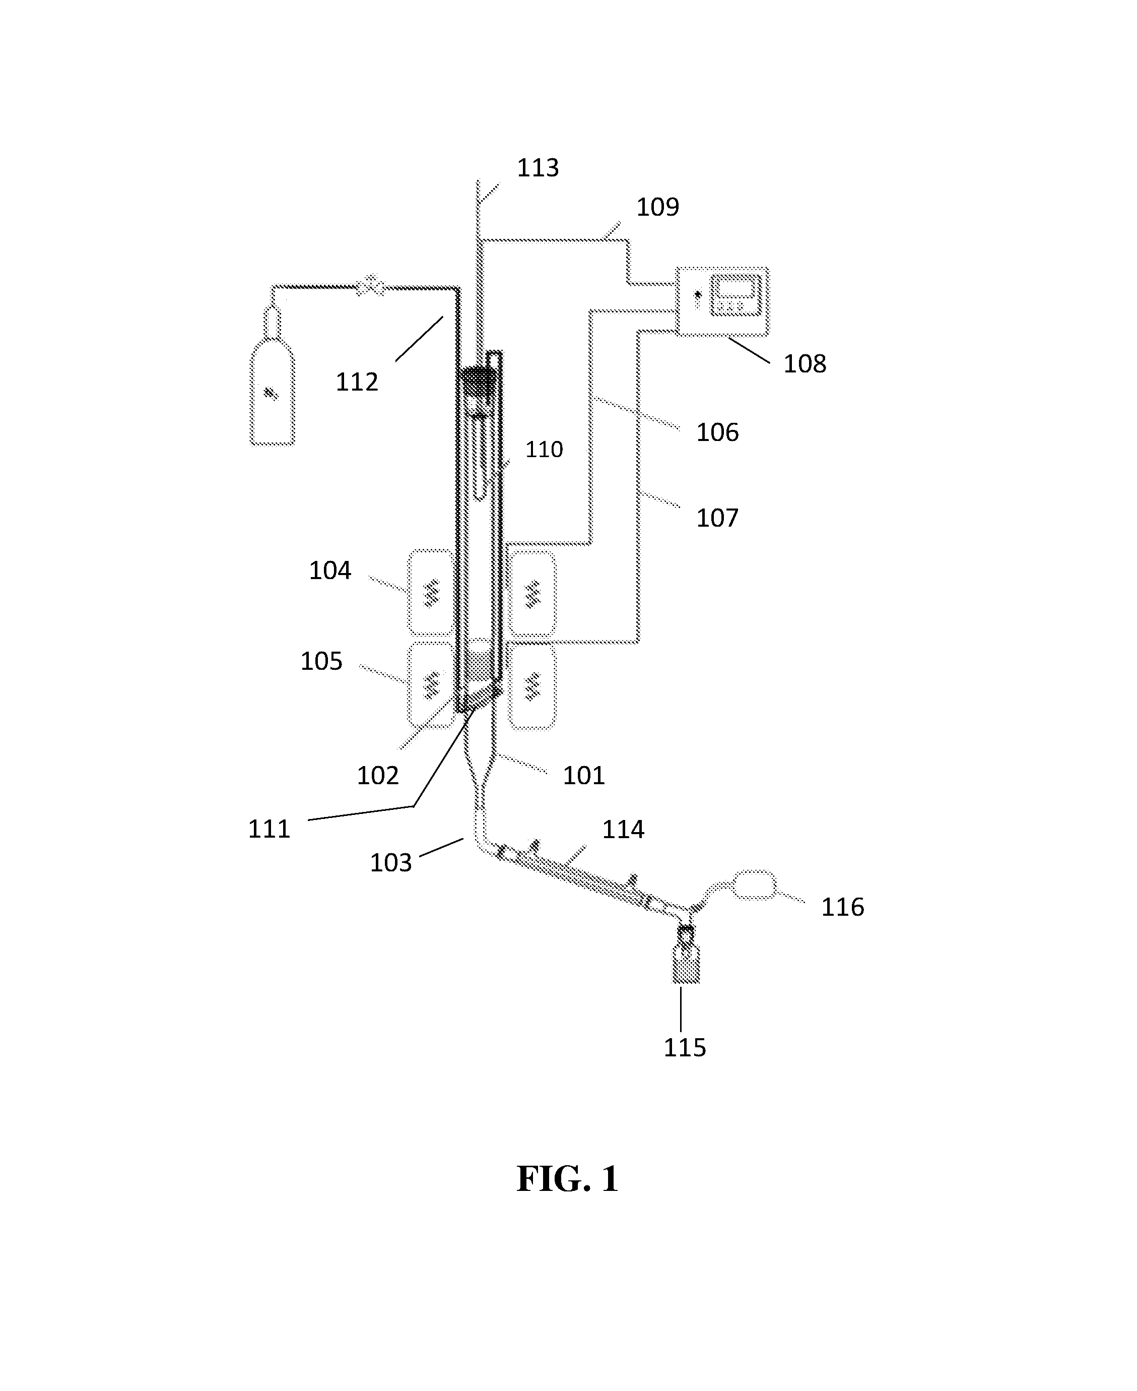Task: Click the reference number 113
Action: pos(538,168)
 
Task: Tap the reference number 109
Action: pos(657,207)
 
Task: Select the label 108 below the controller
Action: pos(805,364)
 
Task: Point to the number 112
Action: pos(357,382)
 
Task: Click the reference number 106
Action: pos(717,432)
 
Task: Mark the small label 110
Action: pos(544,450)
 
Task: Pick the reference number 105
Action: pos(321,661)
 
